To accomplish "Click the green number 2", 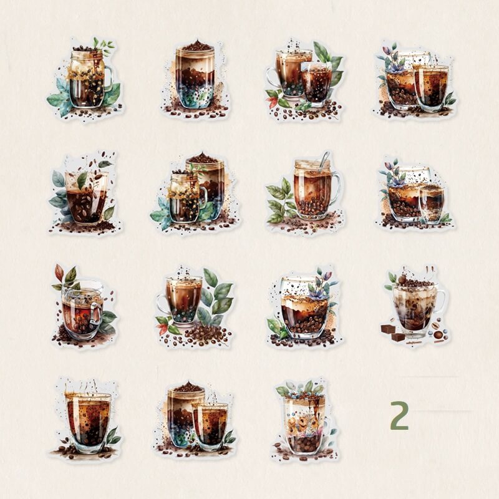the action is pyautogui.click(x=399, y=415).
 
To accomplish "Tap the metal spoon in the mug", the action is pyautogui.click(x=324, y=158).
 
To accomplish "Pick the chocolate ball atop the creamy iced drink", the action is pyautogui.click(x=402, y=279).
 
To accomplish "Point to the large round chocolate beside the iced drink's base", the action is pyautogui.click(x=438, y=335).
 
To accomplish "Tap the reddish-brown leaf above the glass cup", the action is pyautogui.click(x=59, y=273).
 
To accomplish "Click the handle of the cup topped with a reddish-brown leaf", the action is pyautogui.click(x=95, y=314).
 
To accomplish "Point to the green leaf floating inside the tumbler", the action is pyautogui.click(x=82, y=180).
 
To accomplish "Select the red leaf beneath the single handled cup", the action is pyautogui.click(x=164, y=329).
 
